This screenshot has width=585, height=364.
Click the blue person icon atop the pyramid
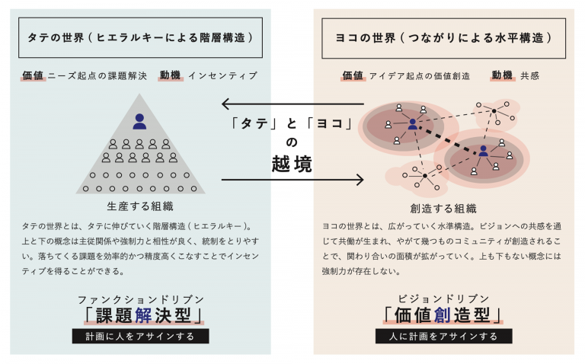(x=139, y=122)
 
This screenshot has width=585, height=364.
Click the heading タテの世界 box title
(x=140, y=37)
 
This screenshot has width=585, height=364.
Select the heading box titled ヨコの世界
(x=443, y=38)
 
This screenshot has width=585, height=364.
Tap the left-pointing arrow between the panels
(x=292, y=104)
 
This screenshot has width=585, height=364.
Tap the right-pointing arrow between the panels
(x=292, y=180)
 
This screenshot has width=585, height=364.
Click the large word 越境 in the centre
(x=292, y=164)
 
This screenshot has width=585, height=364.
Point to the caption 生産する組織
(x=140, y=206)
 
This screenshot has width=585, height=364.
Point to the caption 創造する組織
(x=443, y=209)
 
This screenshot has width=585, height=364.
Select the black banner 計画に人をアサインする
(x=140, y=336)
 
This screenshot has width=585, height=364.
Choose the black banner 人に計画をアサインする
(x=443, y=336)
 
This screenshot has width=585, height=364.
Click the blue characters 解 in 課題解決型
(x=143, y=315)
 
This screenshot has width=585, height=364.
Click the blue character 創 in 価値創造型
(x=443, y=315)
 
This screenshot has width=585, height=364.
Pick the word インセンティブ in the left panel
(x=222, y=75)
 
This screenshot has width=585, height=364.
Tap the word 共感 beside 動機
(x=530, y=75)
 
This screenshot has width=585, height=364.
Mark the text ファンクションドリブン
(x=141, y=299)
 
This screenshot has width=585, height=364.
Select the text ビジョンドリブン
(x=443, y=299)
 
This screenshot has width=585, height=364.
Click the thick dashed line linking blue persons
(x=448, y=139)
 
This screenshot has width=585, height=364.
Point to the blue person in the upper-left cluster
(x=413, y=124)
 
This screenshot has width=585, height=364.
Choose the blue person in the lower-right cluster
(x=484, y=151)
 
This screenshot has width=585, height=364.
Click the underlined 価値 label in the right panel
(x=353, y=75)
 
